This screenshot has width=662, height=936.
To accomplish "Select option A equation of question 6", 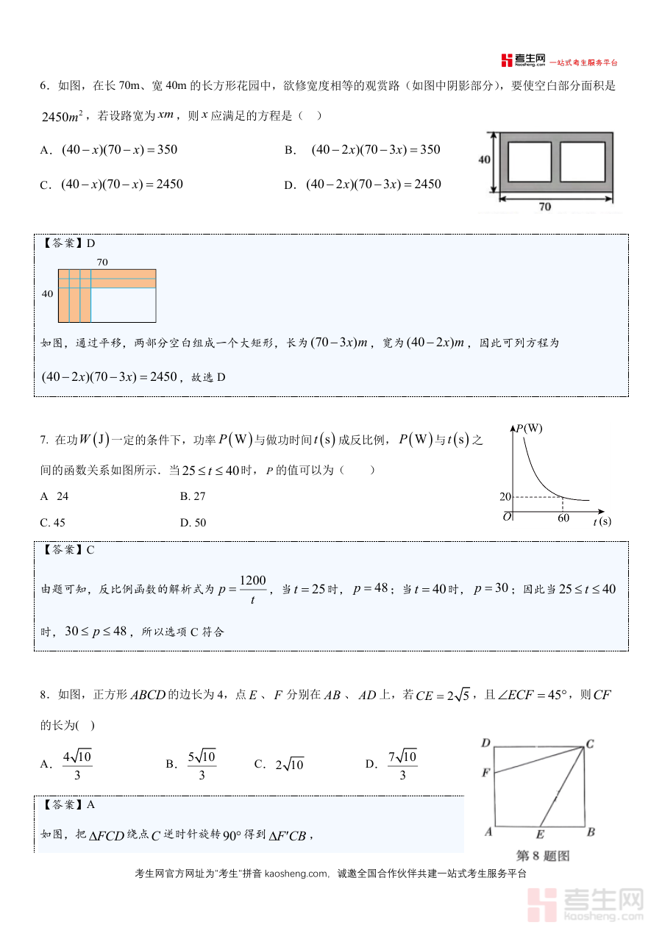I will click(119, 150).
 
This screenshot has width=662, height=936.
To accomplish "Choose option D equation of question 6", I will click(373, 185).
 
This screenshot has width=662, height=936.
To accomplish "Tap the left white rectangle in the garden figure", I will click(529, 162).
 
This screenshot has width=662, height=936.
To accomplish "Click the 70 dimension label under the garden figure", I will click(544, 207).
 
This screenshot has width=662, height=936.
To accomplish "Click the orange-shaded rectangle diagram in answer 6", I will click(107, 296).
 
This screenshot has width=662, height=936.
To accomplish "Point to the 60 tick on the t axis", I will click(563, 518).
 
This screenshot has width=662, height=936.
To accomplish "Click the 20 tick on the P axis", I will click(505, 497).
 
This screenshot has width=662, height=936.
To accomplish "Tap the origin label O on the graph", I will click(507, 518).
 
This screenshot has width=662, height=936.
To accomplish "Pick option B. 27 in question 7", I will click(193, 496).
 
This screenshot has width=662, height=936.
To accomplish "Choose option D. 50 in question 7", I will click(193, 523).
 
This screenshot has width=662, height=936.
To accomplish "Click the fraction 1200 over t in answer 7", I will click(252, 590).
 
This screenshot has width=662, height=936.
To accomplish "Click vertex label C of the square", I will click(590, 744).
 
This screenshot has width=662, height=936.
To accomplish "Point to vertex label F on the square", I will click(485, 773).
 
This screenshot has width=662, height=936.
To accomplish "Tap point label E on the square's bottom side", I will click(540, 834).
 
